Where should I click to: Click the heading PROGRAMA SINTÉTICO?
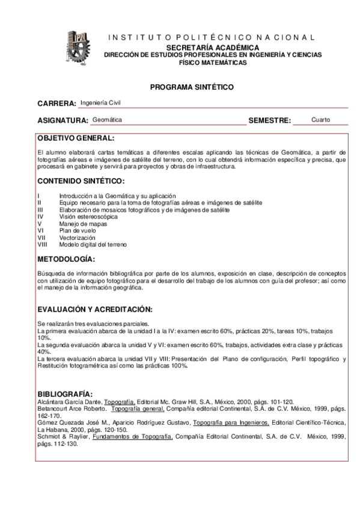click(192, 87)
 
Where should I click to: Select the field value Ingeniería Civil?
click(100, 102)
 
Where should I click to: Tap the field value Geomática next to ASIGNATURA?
click(107, 120)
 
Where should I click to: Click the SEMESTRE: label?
click(270, 120)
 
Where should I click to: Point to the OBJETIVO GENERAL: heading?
click(75, 138)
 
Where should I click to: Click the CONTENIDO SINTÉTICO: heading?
click(81, 181)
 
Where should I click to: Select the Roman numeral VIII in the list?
click(42, 245)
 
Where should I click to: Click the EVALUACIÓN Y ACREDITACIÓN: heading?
click(95, 309)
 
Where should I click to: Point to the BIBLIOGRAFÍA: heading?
click(65, 393)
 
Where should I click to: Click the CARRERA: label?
click(57, 103)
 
